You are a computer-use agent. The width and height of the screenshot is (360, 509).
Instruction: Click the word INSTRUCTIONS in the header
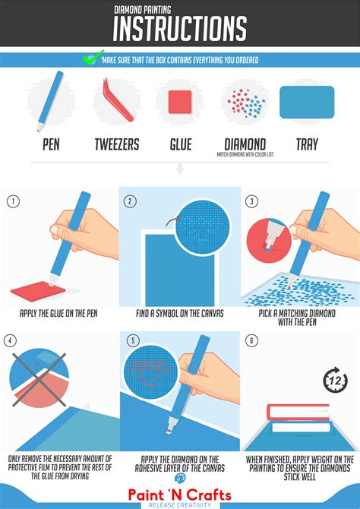(x=179, y=29)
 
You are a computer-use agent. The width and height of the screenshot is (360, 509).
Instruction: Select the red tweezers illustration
(x=113, y=100)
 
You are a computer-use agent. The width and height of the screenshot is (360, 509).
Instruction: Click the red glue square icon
(x=179, y=102)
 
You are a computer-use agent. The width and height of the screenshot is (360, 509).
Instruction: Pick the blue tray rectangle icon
(x=307, y=102)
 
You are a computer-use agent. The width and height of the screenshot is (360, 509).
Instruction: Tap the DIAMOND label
(x=245, y=144)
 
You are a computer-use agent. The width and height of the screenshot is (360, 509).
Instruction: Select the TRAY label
(x=307, y=144)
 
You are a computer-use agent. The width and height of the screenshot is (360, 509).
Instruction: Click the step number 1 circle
(x=12, y=201)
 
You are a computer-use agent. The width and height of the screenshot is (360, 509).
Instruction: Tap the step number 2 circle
(x=131, y=201)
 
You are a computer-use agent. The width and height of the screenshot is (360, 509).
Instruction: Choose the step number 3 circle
(x=252, y=201)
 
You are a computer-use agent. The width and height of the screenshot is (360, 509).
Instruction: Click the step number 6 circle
(x=252, y=341)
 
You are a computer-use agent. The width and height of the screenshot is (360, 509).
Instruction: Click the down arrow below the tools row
(x=180, y=169)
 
